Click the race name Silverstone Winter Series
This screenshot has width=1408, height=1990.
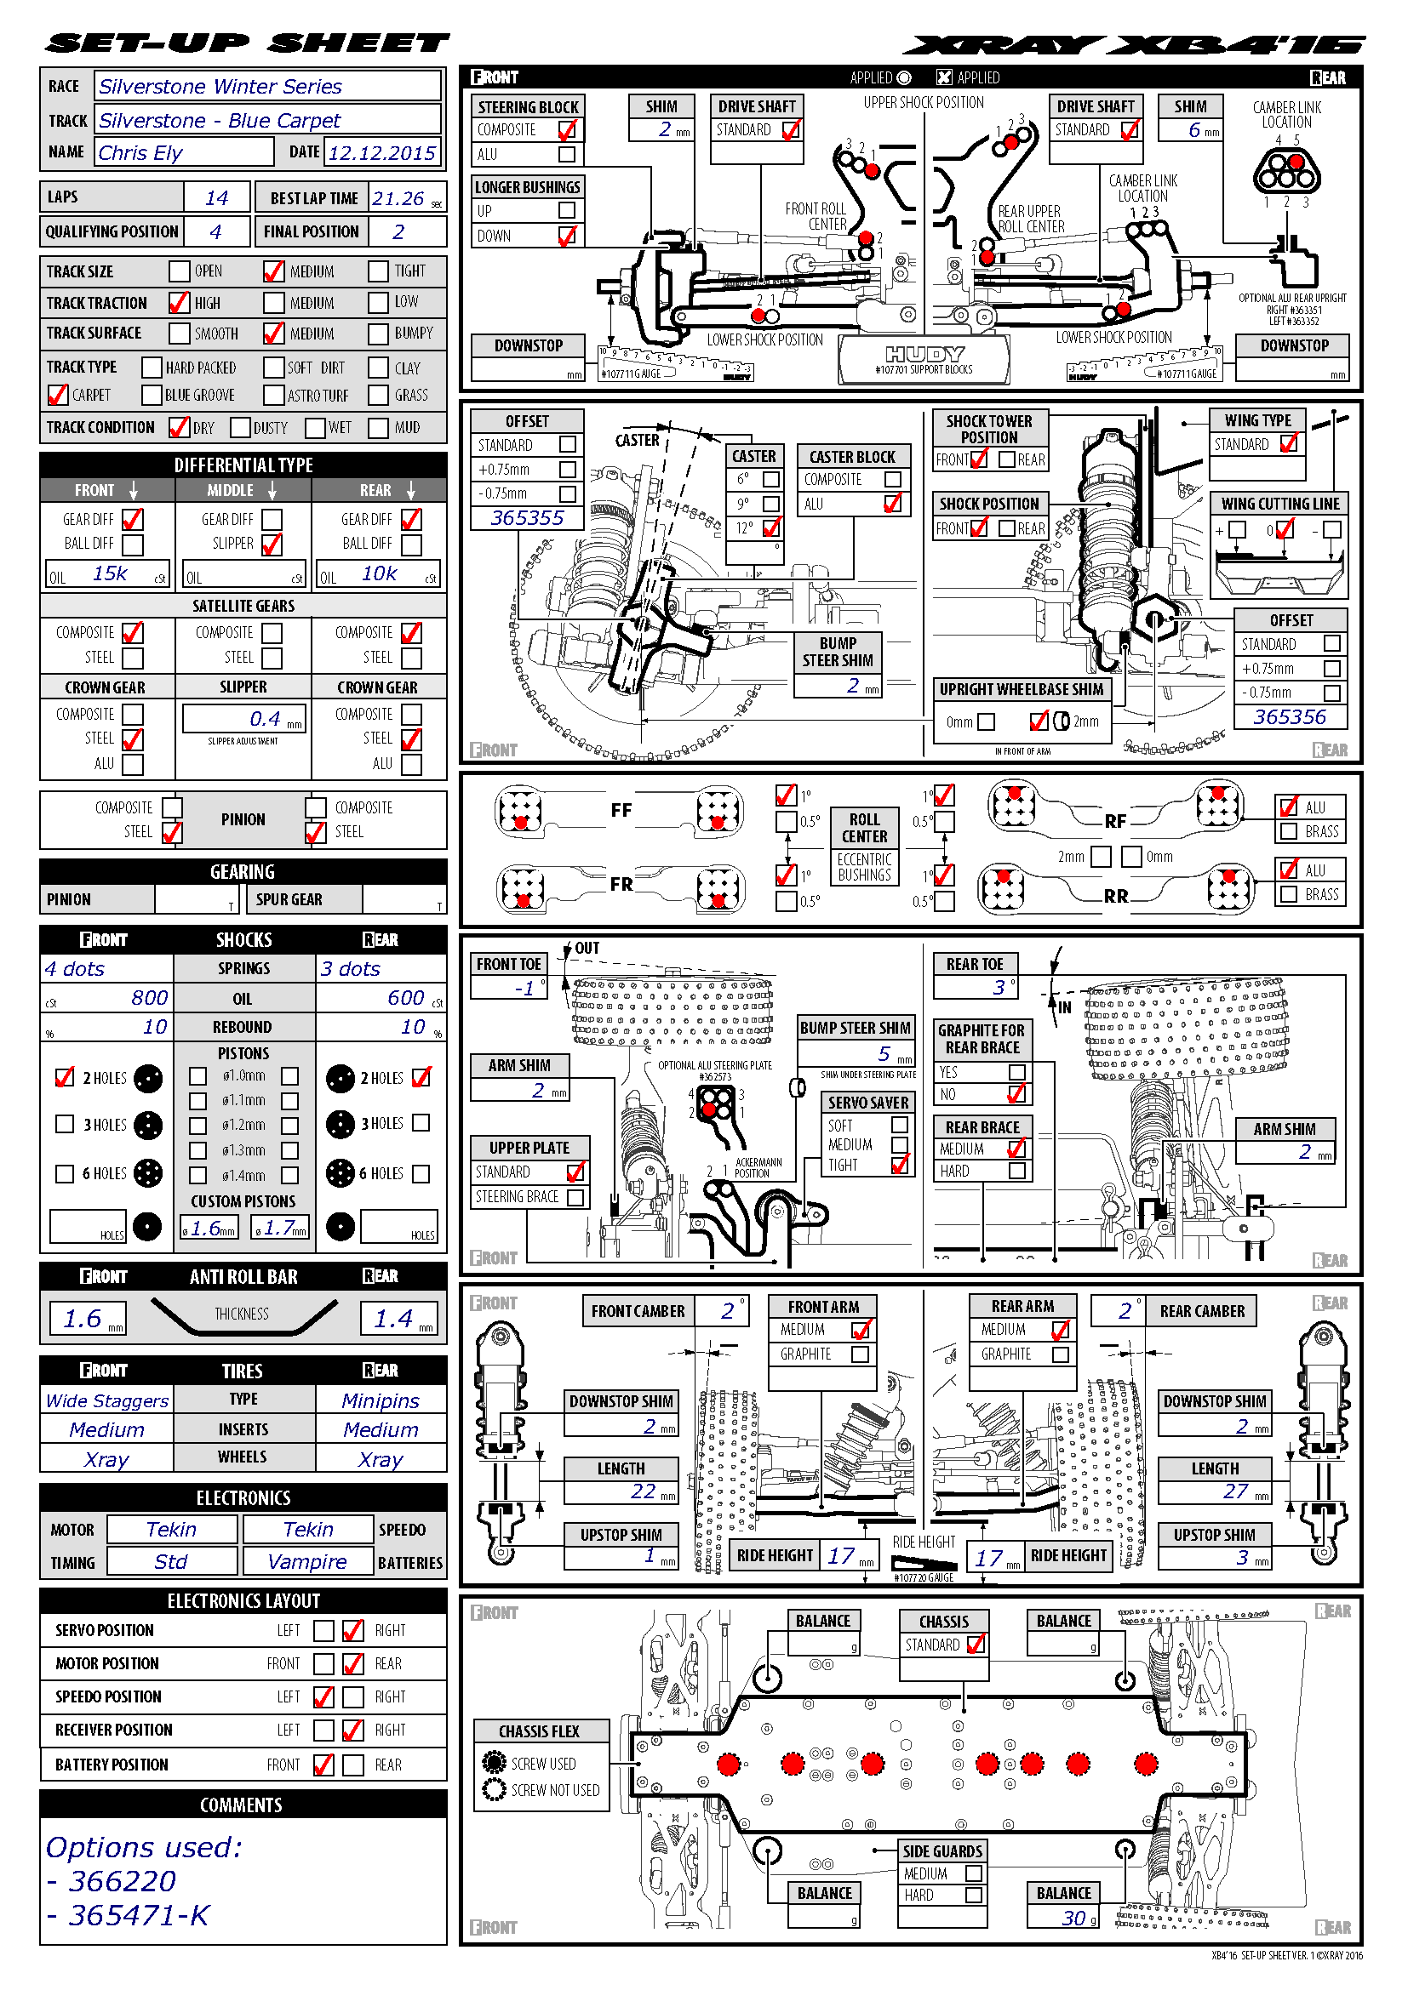[220, 87]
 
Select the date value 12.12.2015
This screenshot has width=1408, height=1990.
[381, 153]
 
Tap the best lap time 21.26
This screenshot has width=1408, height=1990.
[398, 198]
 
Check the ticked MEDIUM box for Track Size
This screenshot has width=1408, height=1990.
[273, 271]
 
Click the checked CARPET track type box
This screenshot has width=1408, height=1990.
[57, 396]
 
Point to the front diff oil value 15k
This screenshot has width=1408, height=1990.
[110, 573]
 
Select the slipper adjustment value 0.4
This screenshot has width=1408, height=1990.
[265, 719]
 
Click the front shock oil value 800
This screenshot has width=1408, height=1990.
[149, 998]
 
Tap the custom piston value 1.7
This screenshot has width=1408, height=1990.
[279, 1228]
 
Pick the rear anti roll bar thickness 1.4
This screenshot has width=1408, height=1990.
[392, 1318]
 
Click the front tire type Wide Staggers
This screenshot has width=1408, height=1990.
[106, 1400]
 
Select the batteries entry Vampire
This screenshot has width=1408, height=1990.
[307, 1561]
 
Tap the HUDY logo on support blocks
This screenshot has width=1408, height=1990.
[924, 355]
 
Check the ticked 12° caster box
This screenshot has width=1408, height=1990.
[770, 527]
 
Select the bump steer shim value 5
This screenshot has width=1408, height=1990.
[884, 1053]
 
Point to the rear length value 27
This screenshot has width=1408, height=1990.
[1234, 1491]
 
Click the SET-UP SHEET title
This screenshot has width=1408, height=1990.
[248, 43]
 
